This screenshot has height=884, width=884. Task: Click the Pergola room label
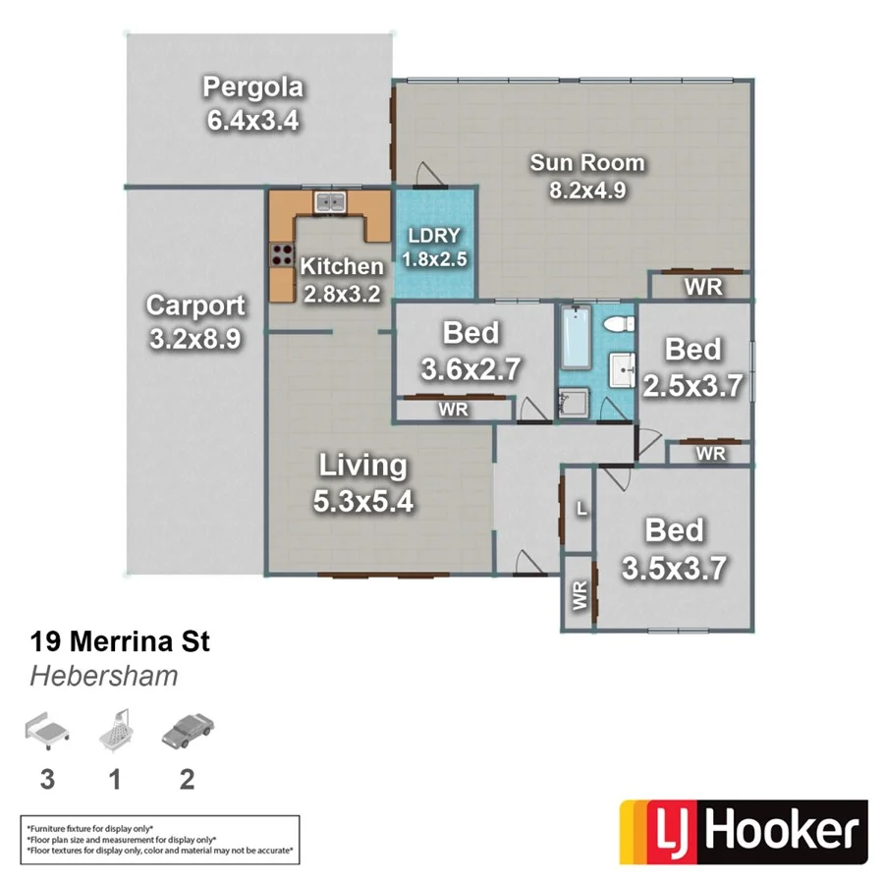pos(252,88)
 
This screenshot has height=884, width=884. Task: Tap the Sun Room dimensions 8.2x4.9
pos(587,190)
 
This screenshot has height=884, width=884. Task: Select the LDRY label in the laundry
pos(434,237)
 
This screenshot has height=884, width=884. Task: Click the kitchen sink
pos(329,202)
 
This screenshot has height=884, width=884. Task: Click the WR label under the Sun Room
pos(703,286)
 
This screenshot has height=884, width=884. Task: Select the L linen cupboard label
pos(581,510)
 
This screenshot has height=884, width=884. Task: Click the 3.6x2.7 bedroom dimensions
pos(470,370)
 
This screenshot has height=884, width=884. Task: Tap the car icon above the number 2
pos(187,732)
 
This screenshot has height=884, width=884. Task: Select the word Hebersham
pos(104,676)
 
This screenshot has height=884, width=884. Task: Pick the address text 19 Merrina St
pos(120,643)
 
